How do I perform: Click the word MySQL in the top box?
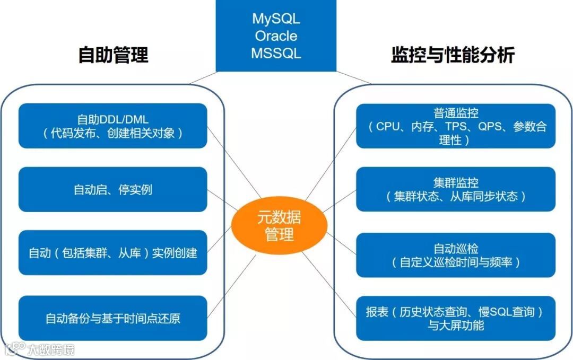click(276, 19)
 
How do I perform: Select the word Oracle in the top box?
click(276, 36)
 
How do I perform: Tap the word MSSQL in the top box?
click(276, 54)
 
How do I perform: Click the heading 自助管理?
click(113, 55)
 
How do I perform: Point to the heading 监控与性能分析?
click(453, 55)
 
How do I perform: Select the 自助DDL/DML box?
click(112, 126)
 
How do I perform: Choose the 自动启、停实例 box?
click(112, 190)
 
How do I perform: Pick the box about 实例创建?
click(112, 253)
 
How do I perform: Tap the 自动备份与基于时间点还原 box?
click(112, 318)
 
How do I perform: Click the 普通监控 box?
click(456, 126)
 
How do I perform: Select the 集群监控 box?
click(456, 190)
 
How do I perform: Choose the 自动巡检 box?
click(456, 255)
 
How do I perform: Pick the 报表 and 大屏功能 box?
click(456, 318)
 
